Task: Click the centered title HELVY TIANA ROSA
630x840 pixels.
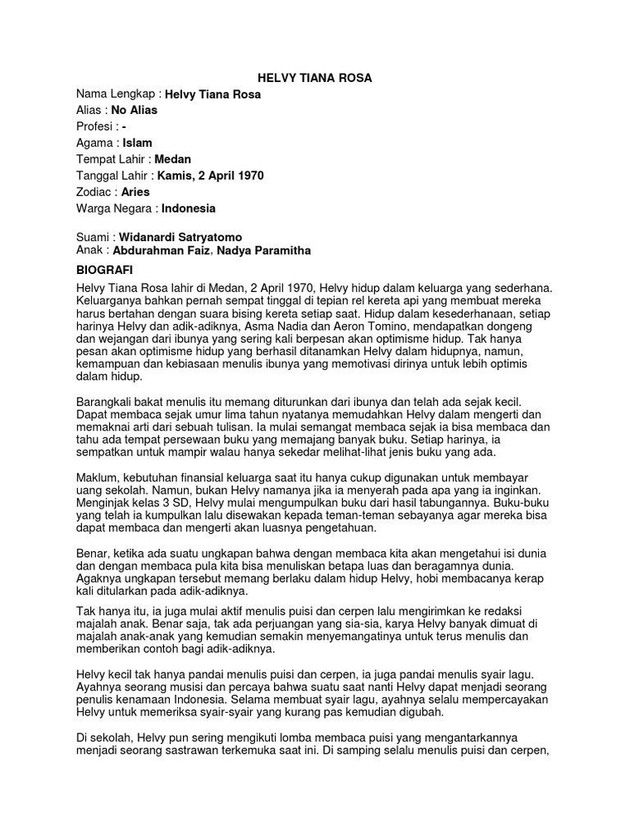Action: point(315,78)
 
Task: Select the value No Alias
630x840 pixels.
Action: point(134,110)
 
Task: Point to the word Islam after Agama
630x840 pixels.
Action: point(137,143)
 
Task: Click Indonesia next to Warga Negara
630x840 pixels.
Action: point(189,208)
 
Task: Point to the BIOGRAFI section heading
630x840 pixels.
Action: point(104,270)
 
